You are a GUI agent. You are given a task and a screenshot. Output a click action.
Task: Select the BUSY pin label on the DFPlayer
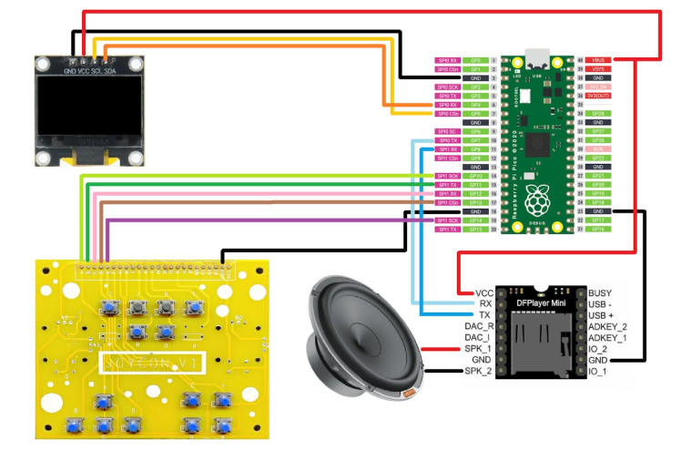pyautogui.click(x=601, y=292)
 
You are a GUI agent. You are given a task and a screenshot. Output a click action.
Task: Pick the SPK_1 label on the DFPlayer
pyautogui.click(x=478, y=349)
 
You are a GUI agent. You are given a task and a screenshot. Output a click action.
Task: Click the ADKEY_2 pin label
pyautogui.click(x=608, y=326)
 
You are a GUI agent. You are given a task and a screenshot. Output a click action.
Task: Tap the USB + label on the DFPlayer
pyautogui.click(x=603, y=315)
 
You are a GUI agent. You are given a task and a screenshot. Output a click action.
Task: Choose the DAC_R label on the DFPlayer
pyautogui.click(x=478, y=326)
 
